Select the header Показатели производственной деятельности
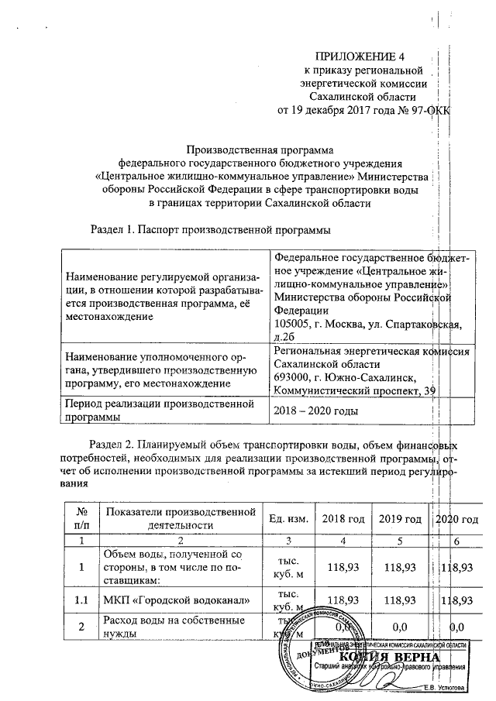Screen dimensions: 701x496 pyautogui.click(x=181, y=518)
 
